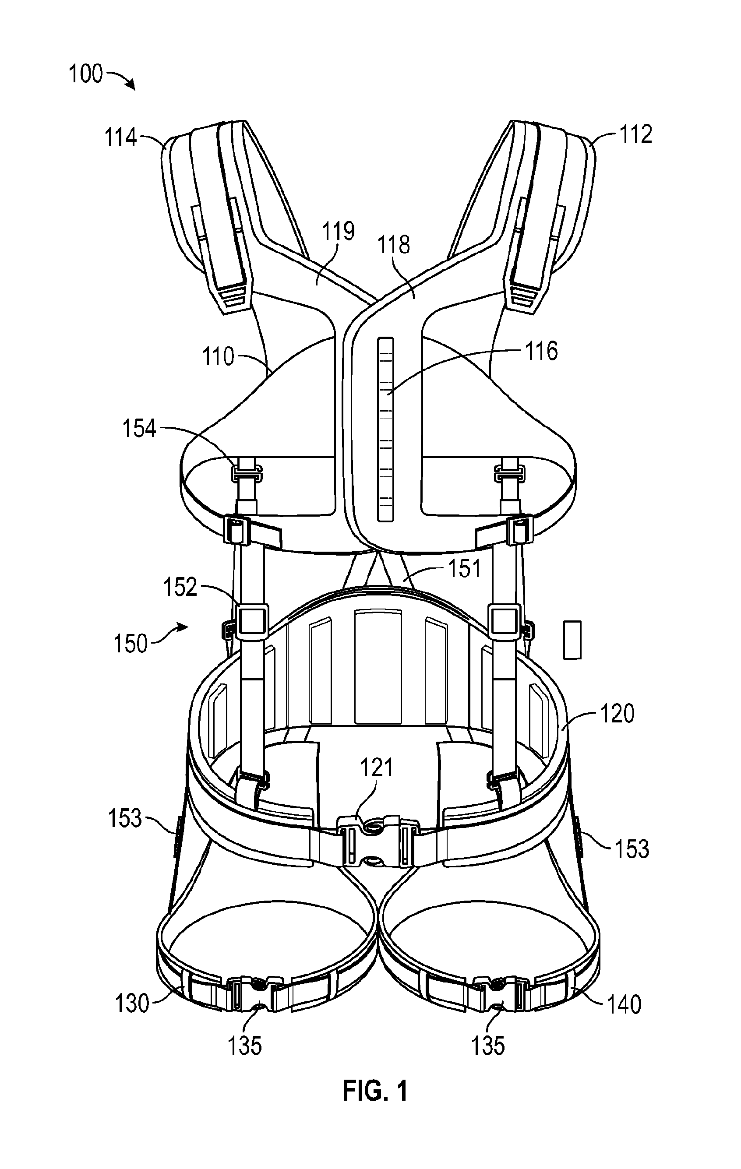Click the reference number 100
(x=86, y=74)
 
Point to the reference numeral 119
(x=339, y=231)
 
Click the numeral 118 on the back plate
(x=394, y=245)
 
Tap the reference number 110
(x=218, y=357)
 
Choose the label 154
(x=139, y=429)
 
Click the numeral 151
(x=464, y=568)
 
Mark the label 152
(x=180, y=588)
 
